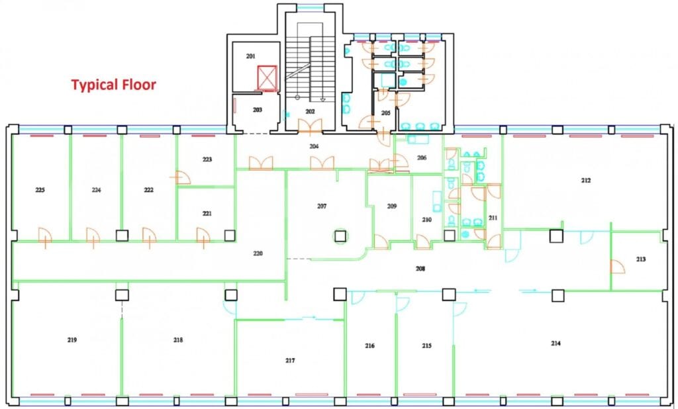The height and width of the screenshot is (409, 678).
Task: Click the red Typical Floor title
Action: [113, 84]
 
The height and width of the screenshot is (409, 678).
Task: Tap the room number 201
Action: [251, 56]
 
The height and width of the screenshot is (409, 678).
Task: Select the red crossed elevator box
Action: [267, 77]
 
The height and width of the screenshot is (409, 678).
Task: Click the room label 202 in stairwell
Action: [310, 112]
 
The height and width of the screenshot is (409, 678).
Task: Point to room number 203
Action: [258, 110]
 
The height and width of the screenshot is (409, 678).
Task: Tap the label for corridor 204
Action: [314, 146]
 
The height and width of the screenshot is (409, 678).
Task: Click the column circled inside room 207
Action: [340, 236]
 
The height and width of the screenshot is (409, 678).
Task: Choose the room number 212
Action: [586, 180]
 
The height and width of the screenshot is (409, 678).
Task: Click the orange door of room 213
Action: [618, 267]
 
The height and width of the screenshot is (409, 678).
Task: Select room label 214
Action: [556, 343]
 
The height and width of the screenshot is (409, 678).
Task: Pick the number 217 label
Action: [290, 361]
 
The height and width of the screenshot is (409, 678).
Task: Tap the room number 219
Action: [72, 340]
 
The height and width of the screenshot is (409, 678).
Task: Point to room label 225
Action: [40, 190]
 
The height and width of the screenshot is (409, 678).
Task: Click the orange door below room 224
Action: [93, 237]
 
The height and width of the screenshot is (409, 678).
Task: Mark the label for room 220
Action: [258, 253]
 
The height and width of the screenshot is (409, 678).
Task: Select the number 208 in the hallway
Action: [420, 269]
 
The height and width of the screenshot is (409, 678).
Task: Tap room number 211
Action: [493, 218]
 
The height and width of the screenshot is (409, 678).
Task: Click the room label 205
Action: [386, 113]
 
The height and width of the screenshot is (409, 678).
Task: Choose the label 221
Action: [207, 214]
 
